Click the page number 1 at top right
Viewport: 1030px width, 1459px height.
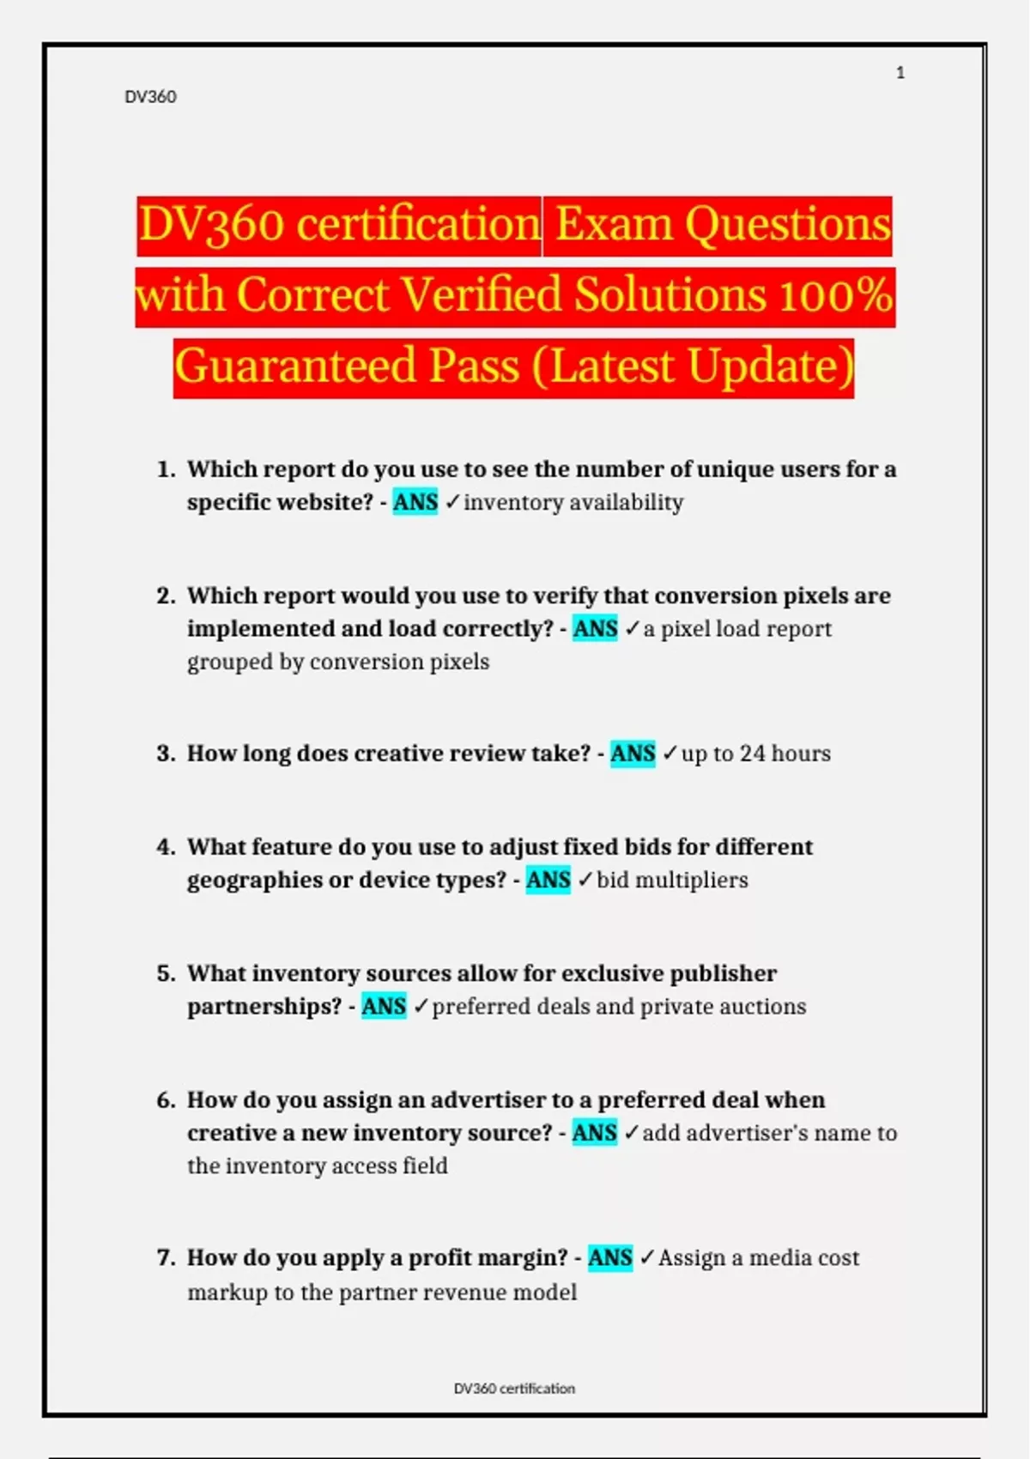[900, 73]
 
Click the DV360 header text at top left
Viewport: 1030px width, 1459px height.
[150, 97]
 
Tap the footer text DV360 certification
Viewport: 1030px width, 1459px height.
[514, 1388]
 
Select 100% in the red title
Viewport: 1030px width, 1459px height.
[836, 295]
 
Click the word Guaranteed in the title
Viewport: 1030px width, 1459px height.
[296, 366]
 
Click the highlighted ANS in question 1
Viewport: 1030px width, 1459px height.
[415, 502]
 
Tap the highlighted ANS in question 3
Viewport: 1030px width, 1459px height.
[633, 754]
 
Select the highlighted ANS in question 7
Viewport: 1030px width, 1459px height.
[610, 1257]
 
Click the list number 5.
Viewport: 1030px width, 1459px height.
[166, 973]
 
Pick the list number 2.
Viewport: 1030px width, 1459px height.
[166, 596]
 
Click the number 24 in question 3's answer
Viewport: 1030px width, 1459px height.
[752, 754]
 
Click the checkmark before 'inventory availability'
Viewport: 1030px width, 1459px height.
[452, 502]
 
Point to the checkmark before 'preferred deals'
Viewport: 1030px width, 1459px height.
[421, 1006]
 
